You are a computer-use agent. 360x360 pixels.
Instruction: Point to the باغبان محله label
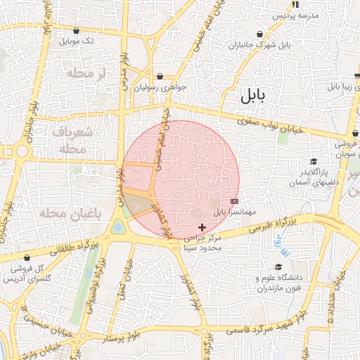(x=61, y=213)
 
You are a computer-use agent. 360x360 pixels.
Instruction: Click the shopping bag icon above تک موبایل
(x=76, y=30)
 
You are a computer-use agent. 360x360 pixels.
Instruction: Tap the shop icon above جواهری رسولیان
(x=160, y=76)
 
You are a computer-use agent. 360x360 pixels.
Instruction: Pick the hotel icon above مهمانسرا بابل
(x=234, y=200)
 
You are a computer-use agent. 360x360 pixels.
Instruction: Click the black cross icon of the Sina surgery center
(x=202, y=226)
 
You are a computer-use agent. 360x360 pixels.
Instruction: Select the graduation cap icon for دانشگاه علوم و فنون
(x=278, y=267)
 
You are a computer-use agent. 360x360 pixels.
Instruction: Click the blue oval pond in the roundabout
(x=118, y=226)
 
